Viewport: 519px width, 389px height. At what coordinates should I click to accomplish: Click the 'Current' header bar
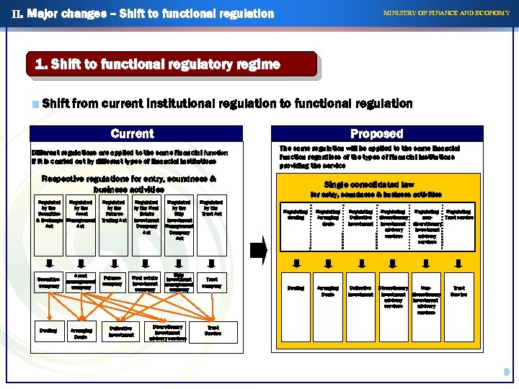pos(132,134)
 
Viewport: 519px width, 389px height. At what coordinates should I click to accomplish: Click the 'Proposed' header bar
pos(376,134)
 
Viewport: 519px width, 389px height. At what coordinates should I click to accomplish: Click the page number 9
pos(507,372)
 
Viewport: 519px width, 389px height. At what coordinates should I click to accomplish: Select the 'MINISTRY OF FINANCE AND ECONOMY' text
pos(446,13)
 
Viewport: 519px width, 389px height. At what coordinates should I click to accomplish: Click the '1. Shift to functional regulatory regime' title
pos(158,65)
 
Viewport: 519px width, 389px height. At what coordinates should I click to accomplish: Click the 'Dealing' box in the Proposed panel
pos(296,288)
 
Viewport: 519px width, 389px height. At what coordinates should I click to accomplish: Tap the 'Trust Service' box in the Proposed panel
pos(458,291)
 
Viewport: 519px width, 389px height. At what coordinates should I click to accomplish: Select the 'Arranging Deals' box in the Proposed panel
pos(327,291)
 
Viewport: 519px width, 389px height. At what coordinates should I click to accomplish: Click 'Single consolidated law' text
pos(369,184)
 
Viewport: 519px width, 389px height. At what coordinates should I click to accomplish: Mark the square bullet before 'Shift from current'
pos(35,104)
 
